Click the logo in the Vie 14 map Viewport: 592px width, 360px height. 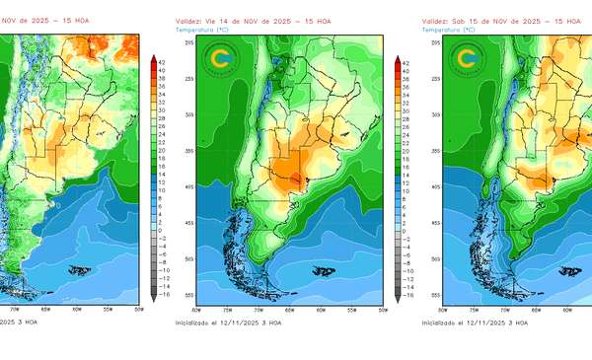(220, 59)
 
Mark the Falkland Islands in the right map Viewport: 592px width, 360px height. (569, 269)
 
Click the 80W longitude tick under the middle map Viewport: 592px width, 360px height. (196, 310)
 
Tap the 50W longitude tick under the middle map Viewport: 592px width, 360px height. (382, 310)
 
